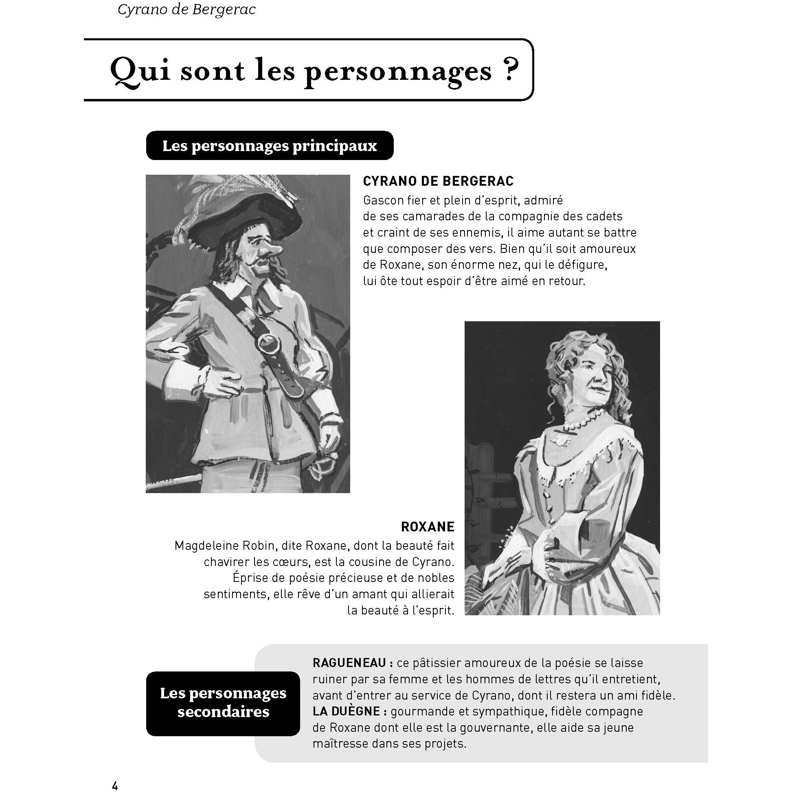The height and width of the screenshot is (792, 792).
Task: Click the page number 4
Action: point(115,785)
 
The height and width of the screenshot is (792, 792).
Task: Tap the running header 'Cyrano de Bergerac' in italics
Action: point(186,10)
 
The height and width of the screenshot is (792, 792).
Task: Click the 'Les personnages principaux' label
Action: point(269,146)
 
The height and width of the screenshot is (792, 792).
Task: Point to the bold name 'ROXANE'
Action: point(428,527)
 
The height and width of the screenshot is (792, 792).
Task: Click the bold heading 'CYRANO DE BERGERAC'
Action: point(438,181)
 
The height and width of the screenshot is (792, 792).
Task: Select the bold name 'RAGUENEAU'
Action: point(349,663)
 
